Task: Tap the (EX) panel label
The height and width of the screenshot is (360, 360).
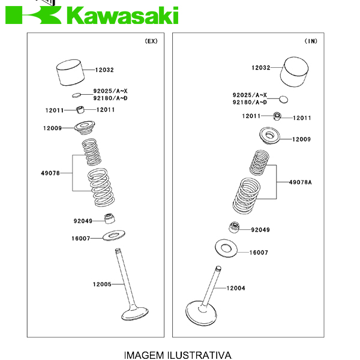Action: click(151, 41)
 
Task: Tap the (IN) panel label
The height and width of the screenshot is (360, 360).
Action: click(311, 41)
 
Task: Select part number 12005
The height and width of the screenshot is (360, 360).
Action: click(102, 284)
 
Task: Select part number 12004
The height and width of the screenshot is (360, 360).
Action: click(236, 289)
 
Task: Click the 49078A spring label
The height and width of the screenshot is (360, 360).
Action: click(301, 182)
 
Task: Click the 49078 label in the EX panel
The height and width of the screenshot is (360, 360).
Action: click(51, 173)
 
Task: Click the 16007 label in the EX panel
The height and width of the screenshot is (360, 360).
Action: click(81, 238)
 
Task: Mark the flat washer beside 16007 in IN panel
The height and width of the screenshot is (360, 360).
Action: click(227, 247)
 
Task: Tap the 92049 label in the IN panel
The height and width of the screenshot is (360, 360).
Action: click(260, 230)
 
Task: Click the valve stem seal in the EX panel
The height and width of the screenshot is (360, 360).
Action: click(110, 218)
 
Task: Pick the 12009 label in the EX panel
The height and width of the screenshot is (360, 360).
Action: click(52, 128)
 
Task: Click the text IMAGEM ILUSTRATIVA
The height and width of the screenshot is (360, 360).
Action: click(177, 355)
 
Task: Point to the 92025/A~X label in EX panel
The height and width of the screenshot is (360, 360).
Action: click(110, 91)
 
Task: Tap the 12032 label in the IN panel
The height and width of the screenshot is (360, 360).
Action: click(261, 68)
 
